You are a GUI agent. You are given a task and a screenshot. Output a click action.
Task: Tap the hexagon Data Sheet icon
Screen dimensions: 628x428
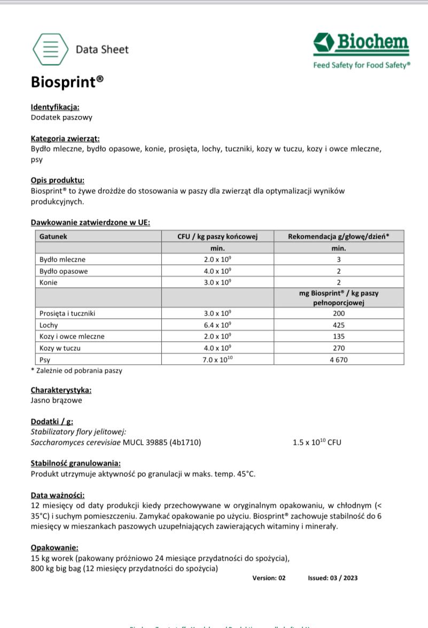tap(50, 49)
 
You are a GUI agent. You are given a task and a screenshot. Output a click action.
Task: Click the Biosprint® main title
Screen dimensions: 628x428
tap(67, 82)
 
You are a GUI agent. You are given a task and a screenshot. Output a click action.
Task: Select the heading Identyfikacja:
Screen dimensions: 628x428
tap(55, 107)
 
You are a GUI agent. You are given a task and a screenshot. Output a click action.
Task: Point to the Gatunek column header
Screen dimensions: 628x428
tap(53, 236)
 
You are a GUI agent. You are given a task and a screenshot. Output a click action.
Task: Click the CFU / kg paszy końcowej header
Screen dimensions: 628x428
tap(217, 236)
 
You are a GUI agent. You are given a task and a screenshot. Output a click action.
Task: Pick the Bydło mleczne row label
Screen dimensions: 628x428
tap(63, 260)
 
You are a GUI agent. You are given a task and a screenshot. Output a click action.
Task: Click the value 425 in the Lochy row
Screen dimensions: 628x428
tap(338, 325)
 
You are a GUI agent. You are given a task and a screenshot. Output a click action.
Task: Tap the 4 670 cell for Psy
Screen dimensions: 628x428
tap(338, 359)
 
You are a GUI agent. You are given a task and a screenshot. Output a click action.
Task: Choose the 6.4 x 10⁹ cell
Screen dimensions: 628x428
tap(217, 325)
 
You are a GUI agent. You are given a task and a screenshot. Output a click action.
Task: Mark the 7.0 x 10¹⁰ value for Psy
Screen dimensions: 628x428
tap(217, 359)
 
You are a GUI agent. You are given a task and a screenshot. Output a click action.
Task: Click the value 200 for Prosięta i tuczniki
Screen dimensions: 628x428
tap(338, 313)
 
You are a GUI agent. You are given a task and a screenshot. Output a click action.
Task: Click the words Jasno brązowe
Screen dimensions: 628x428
tap(57, 400)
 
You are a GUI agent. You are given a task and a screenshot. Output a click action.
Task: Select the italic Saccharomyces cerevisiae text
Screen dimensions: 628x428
tap(76, 442)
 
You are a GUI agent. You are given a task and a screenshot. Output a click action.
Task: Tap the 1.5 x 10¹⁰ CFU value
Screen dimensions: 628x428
tap(317, 442)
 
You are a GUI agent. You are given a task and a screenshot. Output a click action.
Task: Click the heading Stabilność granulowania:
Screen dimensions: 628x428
tap(75, 463)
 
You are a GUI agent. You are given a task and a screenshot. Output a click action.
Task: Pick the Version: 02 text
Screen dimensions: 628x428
tap(269, 578)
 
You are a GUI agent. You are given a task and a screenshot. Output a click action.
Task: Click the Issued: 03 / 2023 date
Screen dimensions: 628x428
tap(333, 578)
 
